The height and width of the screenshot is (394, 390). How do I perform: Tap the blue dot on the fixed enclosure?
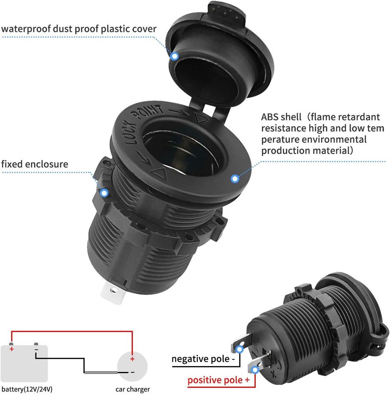[x=104, y=193]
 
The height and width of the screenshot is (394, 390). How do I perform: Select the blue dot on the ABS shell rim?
[x=235, y=179]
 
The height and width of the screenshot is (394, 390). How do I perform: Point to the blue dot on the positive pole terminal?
[x=256, y=370]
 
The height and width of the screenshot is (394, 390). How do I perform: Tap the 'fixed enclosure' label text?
[x=35, y=164]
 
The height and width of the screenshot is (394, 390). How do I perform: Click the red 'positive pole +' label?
[x=219, y=381]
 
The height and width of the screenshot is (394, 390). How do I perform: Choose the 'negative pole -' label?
[x=203, y=359]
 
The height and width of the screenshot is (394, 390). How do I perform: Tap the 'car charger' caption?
[x=133, y=389]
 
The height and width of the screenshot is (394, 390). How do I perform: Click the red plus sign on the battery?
[x=11, y=349]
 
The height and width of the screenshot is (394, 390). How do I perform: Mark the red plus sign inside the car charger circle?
[x=132, y=359]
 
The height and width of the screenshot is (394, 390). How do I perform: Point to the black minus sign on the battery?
[x=36, y=349]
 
